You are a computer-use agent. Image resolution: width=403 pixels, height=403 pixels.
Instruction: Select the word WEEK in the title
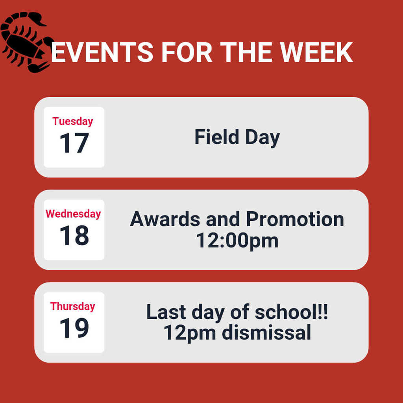click(x=316, y=52)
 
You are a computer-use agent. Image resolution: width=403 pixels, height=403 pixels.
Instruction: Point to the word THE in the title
click(x=246, y=52)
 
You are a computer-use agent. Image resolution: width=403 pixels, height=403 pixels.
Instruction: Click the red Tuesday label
click(x=73, y=121)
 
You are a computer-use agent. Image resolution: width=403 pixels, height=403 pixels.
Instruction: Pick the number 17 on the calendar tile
click(x=74, y=143)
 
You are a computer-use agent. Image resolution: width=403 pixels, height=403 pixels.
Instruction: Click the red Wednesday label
click(x=73, y=214)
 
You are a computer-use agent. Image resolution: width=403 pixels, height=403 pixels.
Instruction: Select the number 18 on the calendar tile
click(x=74, y=235)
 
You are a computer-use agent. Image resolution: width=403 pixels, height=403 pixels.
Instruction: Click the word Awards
click(x=165, y=219)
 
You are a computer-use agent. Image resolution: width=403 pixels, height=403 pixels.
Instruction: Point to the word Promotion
click(x=295, y=219)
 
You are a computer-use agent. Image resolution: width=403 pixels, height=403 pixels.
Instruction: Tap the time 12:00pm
click(x=237, y=240)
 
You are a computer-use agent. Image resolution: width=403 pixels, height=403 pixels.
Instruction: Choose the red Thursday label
click(x=73, y=306)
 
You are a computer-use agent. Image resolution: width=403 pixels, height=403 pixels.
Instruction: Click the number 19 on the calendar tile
click(x=74, y=328)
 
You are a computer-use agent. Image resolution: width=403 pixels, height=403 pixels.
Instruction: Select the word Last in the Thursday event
click(x=166, y=312)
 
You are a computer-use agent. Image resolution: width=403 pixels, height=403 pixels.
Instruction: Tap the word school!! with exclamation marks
click(x=292, y=312)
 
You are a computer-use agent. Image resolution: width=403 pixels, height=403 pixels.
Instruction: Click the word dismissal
click(x=266, y=333)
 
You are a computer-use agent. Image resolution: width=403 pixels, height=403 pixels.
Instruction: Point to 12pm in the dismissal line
click(x=190, y=333)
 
